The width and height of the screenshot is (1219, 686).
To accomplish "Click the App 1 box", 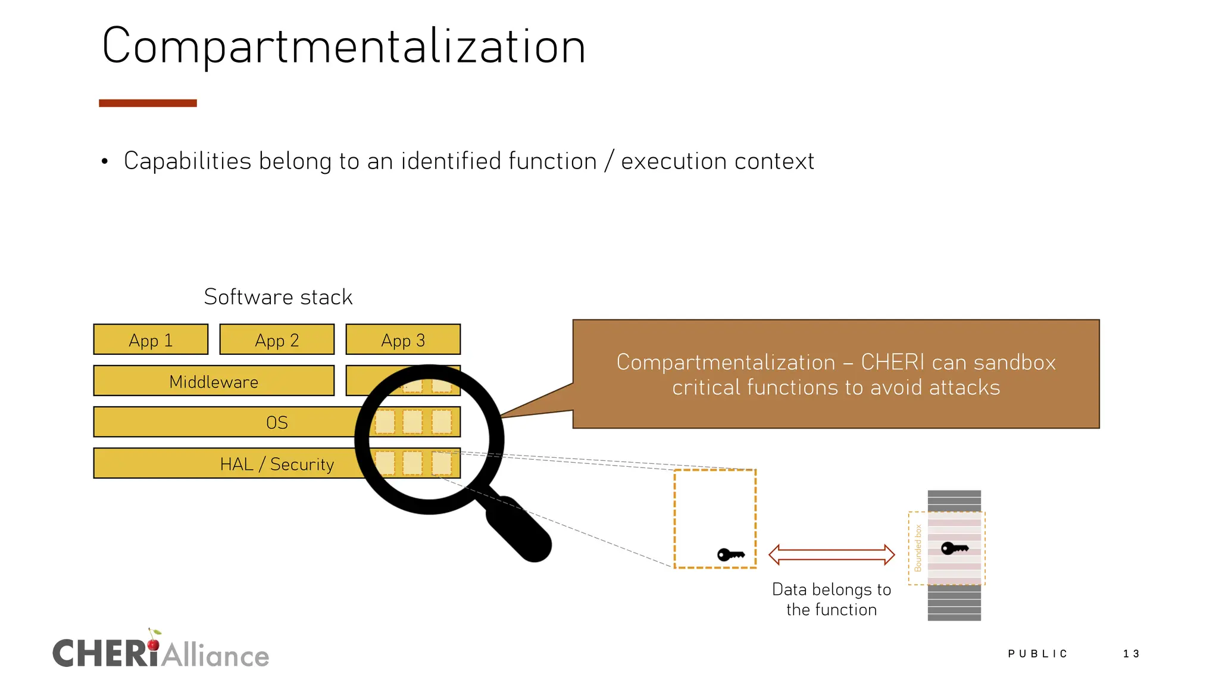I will click(151, 339).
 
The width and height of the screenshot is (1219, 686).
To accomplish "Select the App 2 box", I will click(277, 339).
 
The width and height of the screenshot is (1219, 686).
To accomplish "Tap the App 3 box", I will click(403, 339).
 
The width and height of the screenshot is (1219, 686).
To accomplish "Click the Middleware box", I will click(214, 381).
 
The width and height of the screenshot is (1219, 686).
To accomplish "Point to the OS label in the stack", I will click(277, 423).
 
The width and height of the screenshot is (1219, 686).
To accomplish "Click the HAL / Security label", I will click(277, 464).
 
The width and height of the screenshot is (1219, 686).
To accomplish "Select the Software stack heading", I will click(278, 297).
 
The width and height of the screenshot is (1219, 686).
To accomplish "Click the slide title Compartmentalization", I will click(344, 46).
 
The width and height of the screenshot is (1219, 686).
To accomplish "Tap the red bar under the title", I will click(148, 103).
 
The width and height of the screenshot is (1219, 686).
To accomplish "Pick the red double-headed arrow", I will click(832, 554).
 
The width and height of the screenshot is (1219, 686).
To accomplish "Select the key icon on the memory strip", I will click(954, 548).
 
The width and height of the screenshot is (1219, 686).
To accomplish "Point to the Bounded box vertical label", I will click(918, 548).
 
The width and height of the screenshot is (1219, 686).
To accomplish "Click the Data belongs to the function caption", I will click(832, 599).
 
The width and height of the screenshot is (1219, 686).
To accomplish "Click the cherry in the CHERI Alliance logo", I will click(154, 644).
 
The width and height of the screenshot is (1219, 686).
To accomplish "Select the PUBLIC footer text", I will click(1037, 654).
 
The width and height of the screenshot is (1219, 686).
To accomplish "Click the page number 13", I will click(1131, 654).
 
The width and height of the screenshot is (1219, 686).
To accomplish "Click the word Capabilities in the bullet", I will click(187, 161).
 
